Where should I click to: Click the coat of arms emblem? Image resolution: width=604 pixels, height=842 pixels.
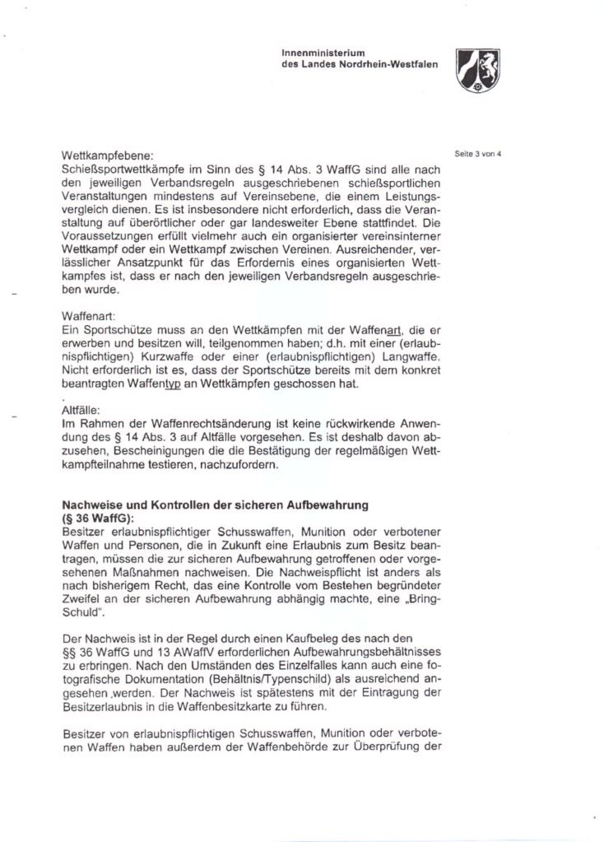click(x=478, y=70)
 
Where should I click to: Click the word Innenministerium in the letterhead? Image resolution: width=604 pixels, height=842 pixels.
click(x=318, y=53)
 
